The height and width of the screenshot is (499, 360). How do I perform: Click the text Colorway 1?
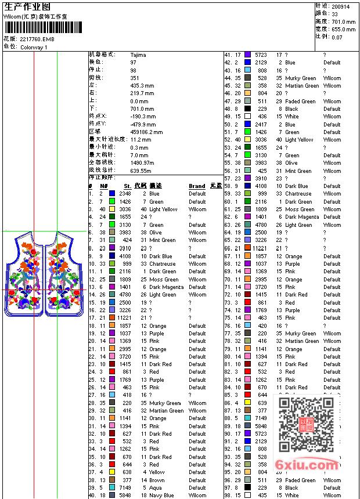click(x=34, y=47)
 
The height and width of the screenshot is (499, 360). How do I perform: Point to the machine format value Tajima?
click(x=138, y=55)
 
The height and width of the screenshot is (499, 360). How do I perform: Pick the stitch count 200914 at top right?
click(x=341, y=6)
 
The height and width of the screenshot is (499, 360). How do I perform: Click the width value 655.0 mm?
click(x=343, y=29)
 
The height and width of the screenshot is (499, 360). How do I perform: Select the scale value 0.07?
click(x=337, y=37)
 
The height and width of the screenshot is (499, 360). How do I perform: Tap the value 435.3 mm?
click(x=142, y=85)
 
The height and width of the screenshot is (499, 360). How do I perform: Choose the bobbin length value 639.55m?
click(x=141, y=171)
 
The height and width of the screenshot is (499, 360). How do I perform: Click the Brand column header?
click(x=197, y=186)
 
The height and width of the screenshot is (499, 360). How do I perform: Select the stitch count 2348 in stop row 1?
click(x=125, y=194)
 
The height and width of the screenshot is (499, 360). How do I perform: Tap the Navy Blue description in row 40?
click(x=161, y=496)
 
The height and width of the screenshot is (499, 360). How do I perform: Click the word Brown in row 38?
click(x=157, y=480)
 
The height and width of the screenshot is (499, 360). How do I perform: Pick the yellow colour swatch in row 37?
click(x=113, y=472)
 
